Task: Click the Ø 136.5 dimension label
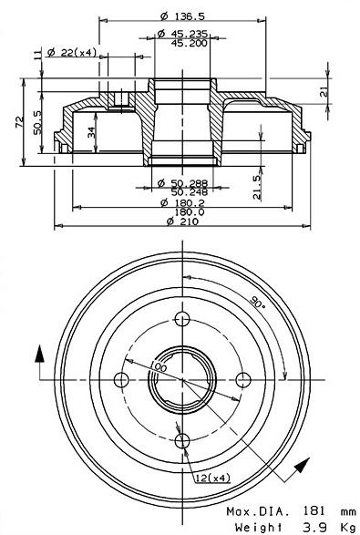coord(182,16)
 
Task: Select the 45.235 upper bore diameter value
coord(189,34)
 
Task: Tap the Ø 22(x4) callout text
coord(72,53)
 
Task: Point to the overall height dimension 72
coord(20,122)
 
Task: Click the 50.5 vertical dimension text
coord(37,122)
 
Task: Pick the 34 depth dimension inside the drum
coord(91,132)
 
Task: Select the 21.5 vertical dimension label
coord(257,187)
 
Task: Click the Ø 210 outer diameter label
coord(182,221)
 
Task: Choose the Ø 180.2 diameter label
coord(182,202)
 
